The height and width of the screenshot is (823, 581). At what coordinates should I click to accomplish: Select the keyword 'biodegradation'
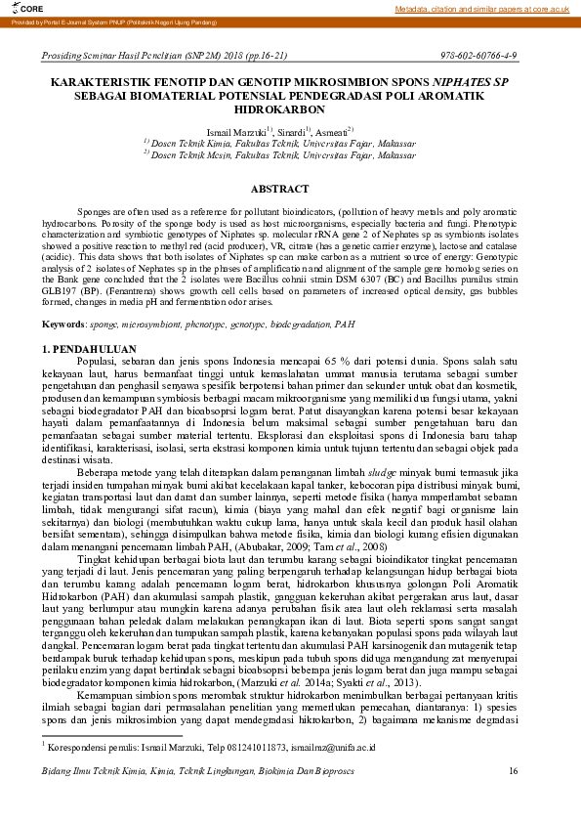coord(292,324)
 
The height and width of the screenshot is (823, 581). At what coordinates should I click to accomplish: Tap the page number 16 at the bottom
coord(513,800)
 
